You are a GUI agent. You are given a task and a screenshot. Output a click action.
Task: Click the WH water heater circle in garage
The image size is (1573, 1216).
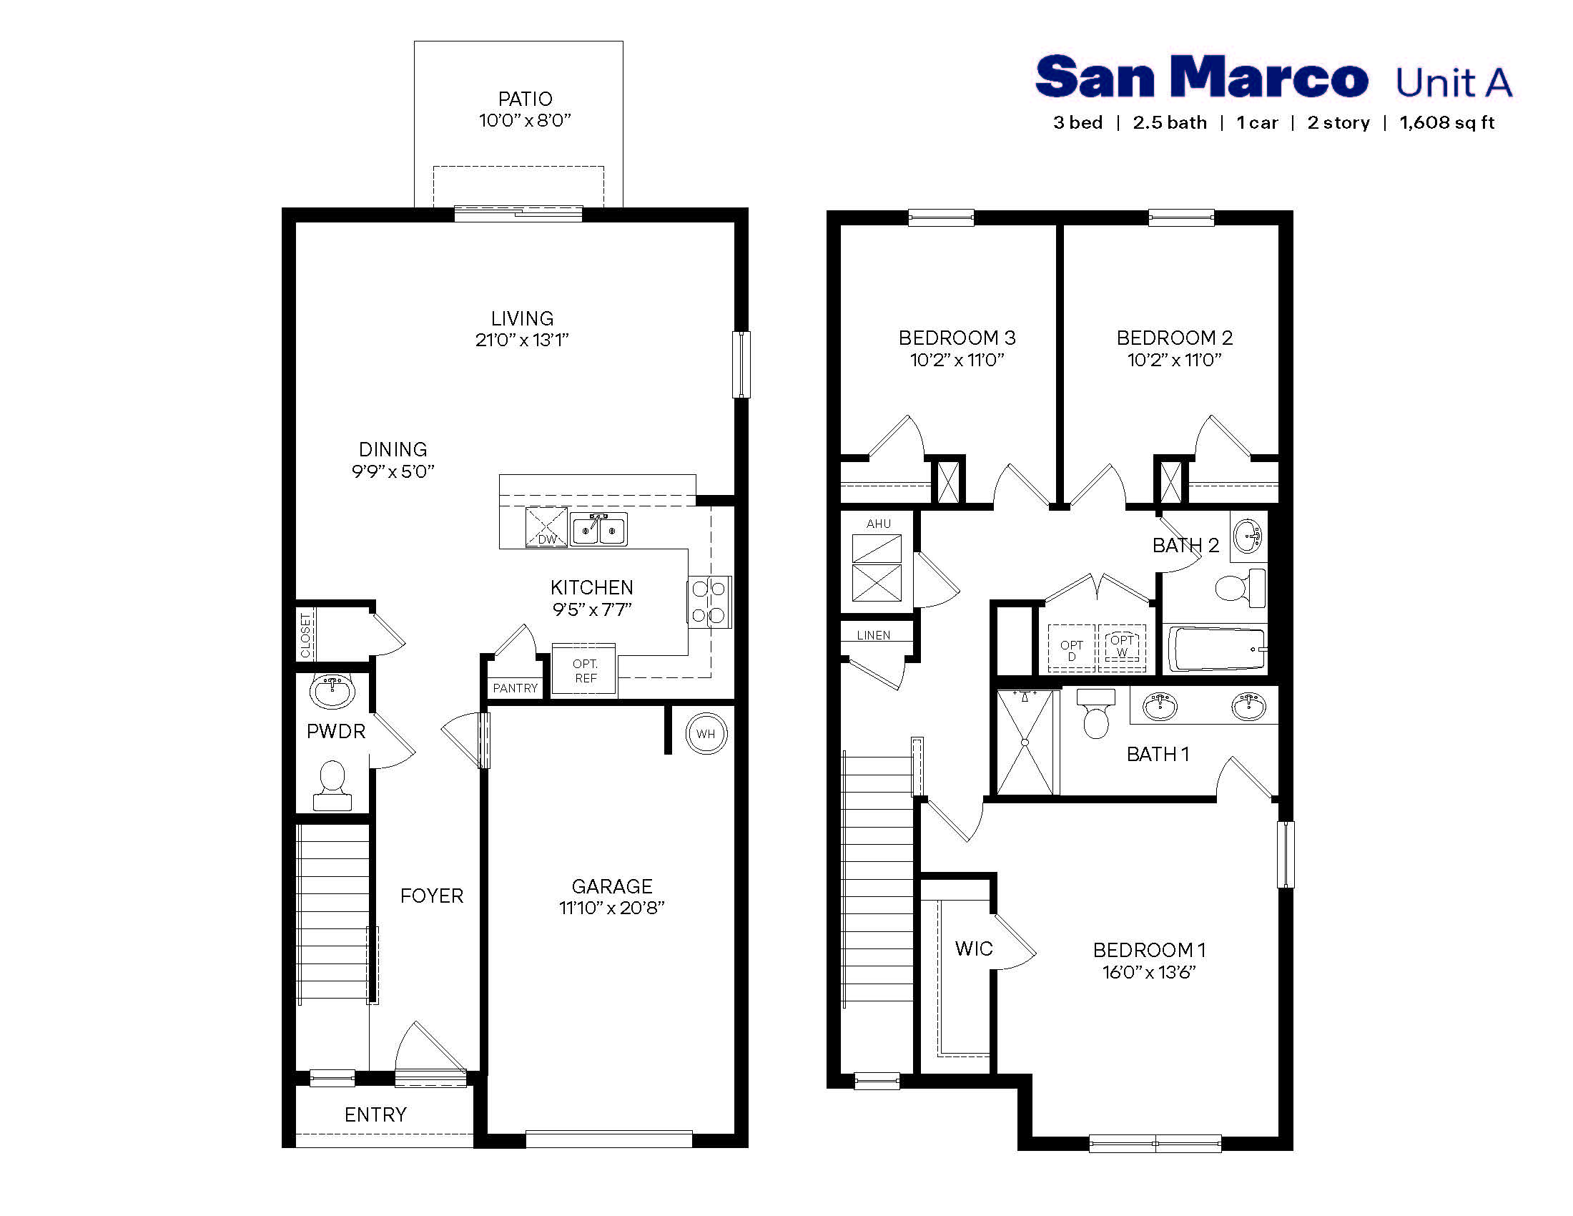[x=706, y=733]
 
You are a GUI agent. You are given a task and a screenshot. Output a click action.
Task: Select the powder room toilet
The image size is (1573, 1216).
[x=332, y=786]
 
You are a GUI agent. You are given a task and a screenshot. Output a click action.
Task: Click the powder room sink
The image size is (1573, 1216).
[x=332, y=692]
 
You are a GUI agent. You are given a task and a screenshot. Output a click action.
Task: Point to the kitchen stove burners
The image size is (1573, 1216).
[x=709, y=602]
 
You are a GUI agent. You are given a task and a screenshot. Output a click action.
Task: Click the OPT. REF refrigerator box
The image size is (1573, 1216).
[x=585, y=671]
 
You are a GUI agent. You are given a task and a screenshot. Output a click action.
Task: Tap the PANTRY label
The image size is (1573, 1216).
[x=515, y=688]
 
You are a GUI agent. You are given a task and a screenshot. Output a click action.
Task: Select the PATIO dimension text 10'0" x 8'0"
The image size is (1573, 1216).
[x=524, y=120]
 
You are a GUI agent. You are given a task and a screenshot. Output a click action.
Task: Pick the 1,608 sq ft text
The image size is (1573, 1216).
[x=1446, y=122]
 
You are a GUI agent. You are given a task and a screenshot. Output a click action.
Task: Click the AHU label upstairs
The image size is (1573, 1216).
[x=878, y=524]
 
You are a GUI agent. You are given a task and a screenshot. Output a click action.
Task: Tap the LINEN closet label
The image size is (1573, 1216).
[x=873, y=634]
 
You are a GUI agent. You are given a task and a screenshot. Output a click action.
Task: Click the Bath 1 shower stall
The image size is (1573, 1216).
[x=1024, y=741]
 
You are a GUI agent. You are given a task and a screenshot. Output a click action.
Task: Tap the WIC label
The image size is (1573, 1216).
[x=974, y=948]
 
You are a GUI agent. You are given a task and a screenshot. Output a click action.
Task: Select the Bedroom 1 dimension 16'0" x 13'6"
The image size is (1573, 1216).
[x=1149, y=972]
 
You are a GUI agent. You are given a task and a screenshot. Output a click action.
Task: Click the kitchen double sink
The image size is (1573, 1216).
[x=598, y=529]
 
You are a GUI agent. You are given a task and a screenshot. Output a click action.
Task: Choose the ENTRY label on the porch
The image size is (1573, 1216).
[x=375, y=1114]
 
